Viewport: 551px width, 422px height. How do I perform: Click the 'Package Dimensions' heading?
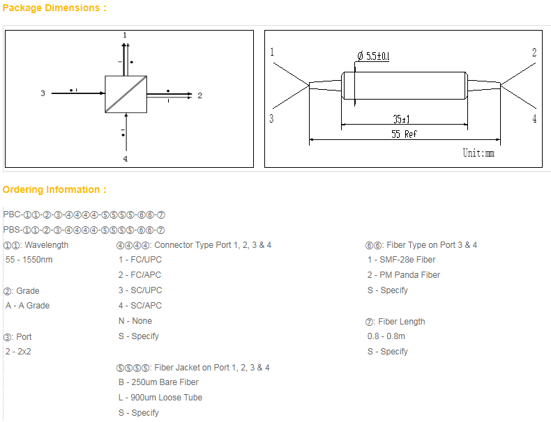tap(54, 8)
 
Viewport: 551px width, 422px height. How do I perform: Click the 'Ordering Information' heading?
tap(54, 189)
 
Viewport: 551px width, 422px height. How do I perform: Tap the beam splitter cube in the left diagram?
tap(126, 94)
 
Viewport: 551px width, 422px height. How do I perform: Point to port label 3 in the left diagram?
tap(43, 93)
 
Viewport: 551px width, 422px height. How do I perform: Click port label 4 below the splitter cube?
tap(125, 159)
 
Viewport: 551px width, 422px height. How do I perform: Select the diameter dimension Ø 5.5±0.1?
tap(373, 56)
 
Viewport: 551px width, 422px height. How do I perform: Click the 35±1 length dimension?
tap(401, 119)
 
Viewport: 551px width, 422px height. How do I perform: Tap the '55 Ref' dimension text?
tap(404, 134)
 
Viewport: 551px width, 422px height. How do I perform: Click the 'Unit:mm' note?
tap(478, 153)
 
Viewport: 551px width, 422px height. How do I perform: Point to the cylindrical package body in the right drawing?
tap(405, 86)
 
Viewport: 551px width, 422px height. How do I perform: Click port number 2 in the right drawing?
tap(534, 53)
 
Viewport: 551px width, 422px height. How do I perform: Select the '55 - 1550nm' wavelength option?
tap(29, 260)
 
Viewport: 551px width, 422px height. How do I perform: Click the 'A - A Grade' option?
tap(27, 306)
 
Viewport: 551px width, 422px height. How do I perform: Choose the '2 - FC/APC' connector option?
tap(139, 275)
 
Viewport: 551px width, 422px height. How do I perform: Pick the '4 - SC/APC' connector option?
tap(139, 306)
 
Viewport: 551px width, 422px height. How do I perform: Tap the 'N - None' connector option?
tap(135, 321)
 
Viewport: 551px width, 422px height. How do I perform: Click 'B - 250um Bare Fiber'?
tap(158, 382)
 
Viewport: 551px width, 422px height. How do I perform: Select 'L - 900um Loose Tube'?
tap(160, 398)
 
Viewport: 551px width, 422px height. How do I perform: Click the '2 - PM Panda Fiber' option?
tap(404, 275)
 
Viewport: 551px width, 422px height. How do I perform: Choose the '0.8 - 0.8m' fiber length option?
tap(386, 336)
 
